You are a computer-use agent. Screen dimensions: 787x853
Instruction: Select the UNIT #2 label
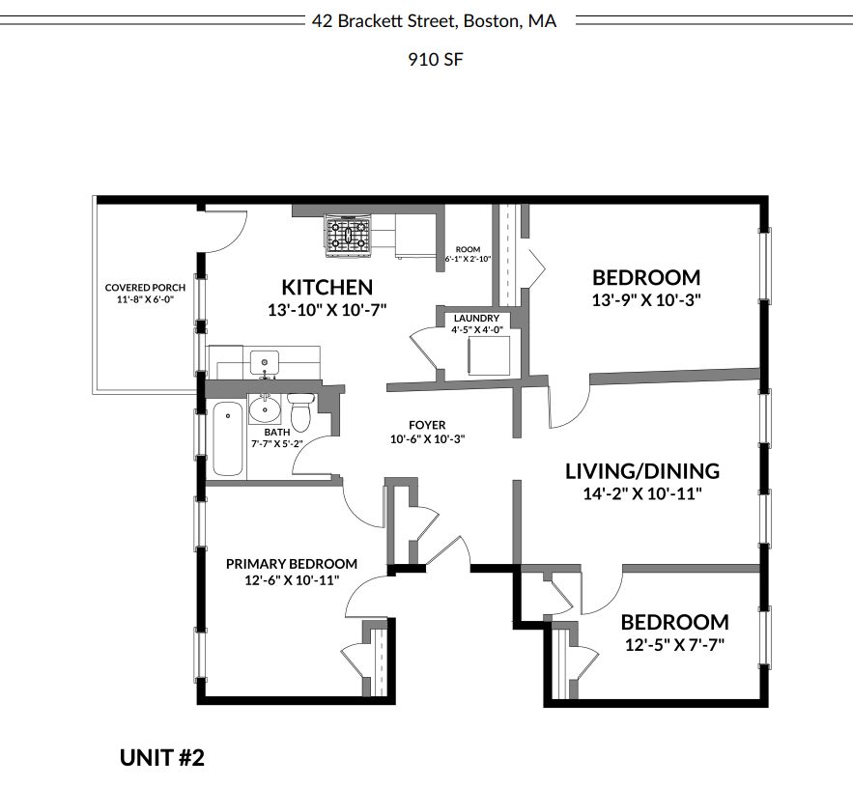tap(162, 757)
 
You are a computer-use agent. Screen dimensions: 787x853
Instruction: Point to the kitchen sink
tap(264, 363)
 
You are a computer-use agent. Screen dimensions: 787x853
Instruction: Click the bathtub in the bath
tap(227, 438)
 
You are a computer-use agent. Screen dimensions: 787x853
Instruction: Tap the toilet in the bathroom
tap(301, 412)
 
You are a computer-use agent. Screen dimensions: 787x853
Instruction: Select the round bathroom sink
tap(264, 410)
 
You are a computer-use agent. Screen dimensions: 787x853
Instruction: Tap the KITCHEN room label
tap(327, 288)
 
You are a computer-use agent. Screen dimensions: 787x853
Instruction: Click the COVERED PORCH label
tap(145, 288)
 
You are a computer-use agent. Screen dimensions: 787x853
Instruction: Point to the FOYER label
tap(427, 425)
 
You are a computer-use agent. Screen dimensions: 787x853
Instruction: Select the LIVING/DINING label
tap(641, 471)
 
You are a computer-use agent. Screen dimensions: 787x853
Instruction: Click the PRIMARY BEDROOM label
tap(291, 564)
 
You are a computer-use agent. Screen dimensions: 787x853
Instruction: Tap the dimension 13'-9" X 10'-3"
tap(645, 300)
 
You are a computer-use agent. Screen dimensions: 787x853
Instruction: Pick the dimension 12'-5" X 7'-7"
tap(673, 644)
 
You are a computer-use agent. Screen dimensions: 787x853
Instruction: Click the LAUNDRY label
tap(476, 318)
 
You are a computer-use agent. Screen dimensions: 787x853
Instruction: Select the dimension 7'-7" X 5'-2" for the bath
tap(277, 444)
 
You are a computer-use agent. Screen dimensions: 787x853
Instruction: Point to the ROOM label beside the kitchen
tap(468, 250)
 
